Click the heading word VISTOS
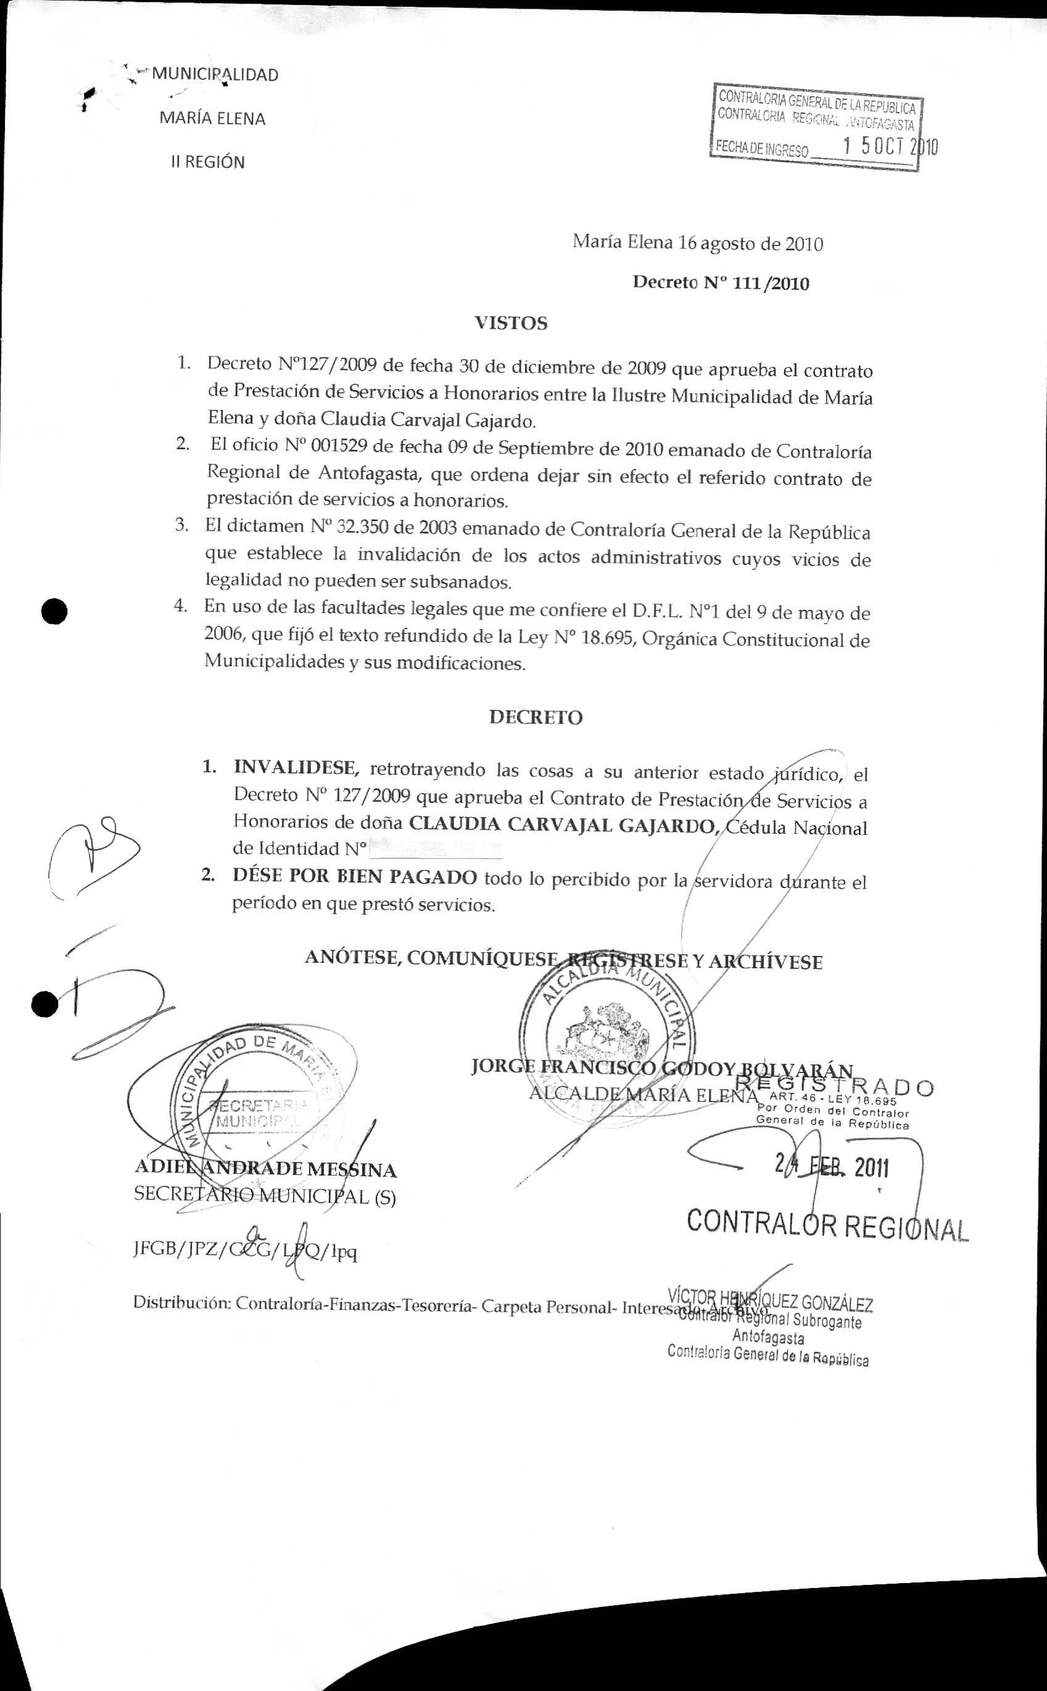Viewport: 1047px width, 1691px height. [510, 323]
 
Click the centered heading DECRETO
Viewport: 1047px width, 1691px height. [536, 717]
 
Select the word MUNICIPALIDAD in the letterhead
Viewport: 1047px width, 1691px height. [215, 75]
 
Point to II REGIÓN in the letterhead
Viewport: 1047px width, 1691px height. [208, 163]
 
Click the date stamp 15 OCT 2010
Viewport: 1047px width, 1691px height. [890, 147]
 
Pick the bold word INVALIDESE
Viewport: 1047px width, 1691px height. [296, 768]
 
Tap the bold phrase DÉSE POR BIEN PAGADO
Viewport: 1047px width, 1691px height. [355, 877]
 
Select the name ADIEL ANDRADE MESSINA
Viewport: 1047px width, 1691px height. [265, 1171]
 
